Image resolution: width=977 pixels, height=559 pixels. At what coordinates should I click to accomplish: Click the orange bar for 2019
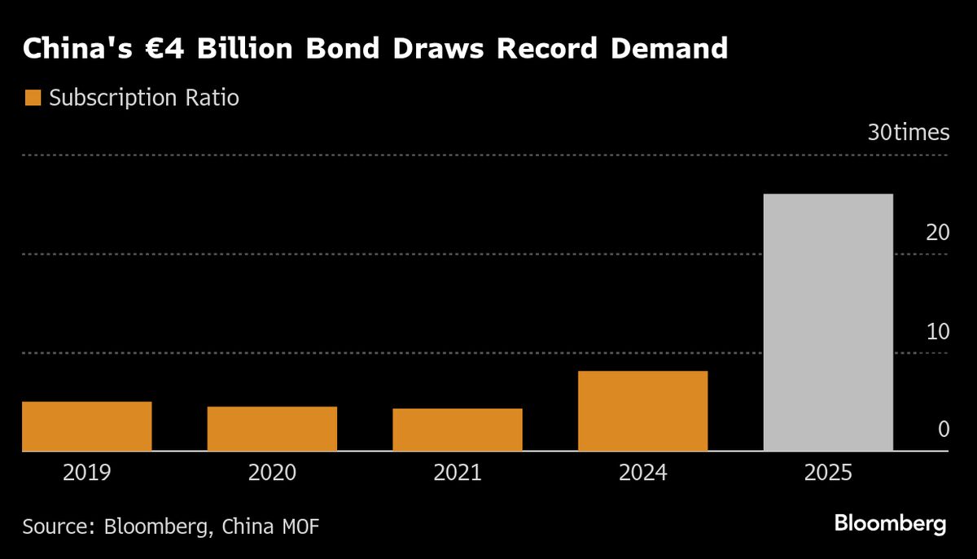click(86, 426)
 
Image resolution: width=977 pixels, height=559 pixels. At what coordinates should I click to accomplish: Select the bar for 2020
click(272, 428)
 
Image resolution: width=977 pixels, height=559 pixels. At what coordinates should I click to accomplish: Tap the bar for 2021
click(457, 429)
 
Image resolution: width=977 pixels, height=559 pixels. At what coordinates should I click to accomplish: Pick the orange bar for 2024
click(642, 411)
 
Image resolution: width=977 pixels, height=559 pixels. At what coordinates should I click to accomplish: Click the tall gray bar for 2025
click(828, 322)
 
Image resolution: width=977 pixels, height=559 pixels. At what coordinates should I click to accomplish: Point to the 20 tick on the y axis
click(938, 233)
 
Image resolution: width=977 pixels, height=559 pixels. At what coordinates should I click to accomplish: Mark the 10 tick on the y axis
click(938, 332)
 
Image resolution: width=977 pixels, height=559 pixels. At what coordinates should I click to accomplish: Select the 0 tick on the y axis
click(944, 430)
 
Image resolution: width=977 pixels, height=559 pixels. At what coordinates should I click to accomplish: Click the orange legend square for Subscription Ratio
click(33, 98)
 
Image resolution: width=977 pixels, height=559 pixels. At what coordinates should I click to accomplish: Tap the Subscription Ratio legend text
click(143, 98)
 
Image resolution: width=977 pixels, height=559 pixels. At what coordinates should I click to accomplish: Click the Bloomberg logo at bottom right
click(890, 524)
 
